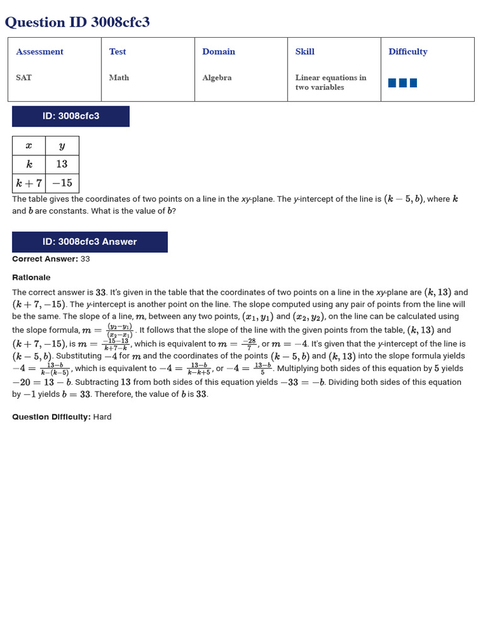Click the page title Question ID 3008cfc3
(77, 23)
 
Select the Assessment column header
(40, 52)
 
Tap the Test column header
(118, 52)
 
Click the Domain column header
(219, 52)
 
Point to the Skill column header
(305, 52)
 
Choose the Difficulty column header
(408, 52)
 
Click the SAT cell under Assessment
(24, 77)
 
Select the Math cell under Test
(119, 77)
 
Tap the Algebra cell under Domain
(217, 77)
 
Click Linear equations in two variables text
(330, 82)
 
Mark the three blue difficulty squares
(402, 82)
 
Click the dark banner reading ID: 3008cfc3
(70, 116)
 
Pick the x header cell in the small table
(29, 145)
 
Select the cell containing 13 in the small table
(62, 164)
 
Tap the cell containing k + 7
(29, 183)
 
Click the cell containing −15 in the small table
(62, 183)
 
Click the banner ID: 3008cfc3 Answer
(89, 241)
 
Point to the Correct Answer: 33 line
(51, 258)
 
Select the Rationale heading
(31, 277)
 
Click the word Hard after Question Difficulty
(103, 417)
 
